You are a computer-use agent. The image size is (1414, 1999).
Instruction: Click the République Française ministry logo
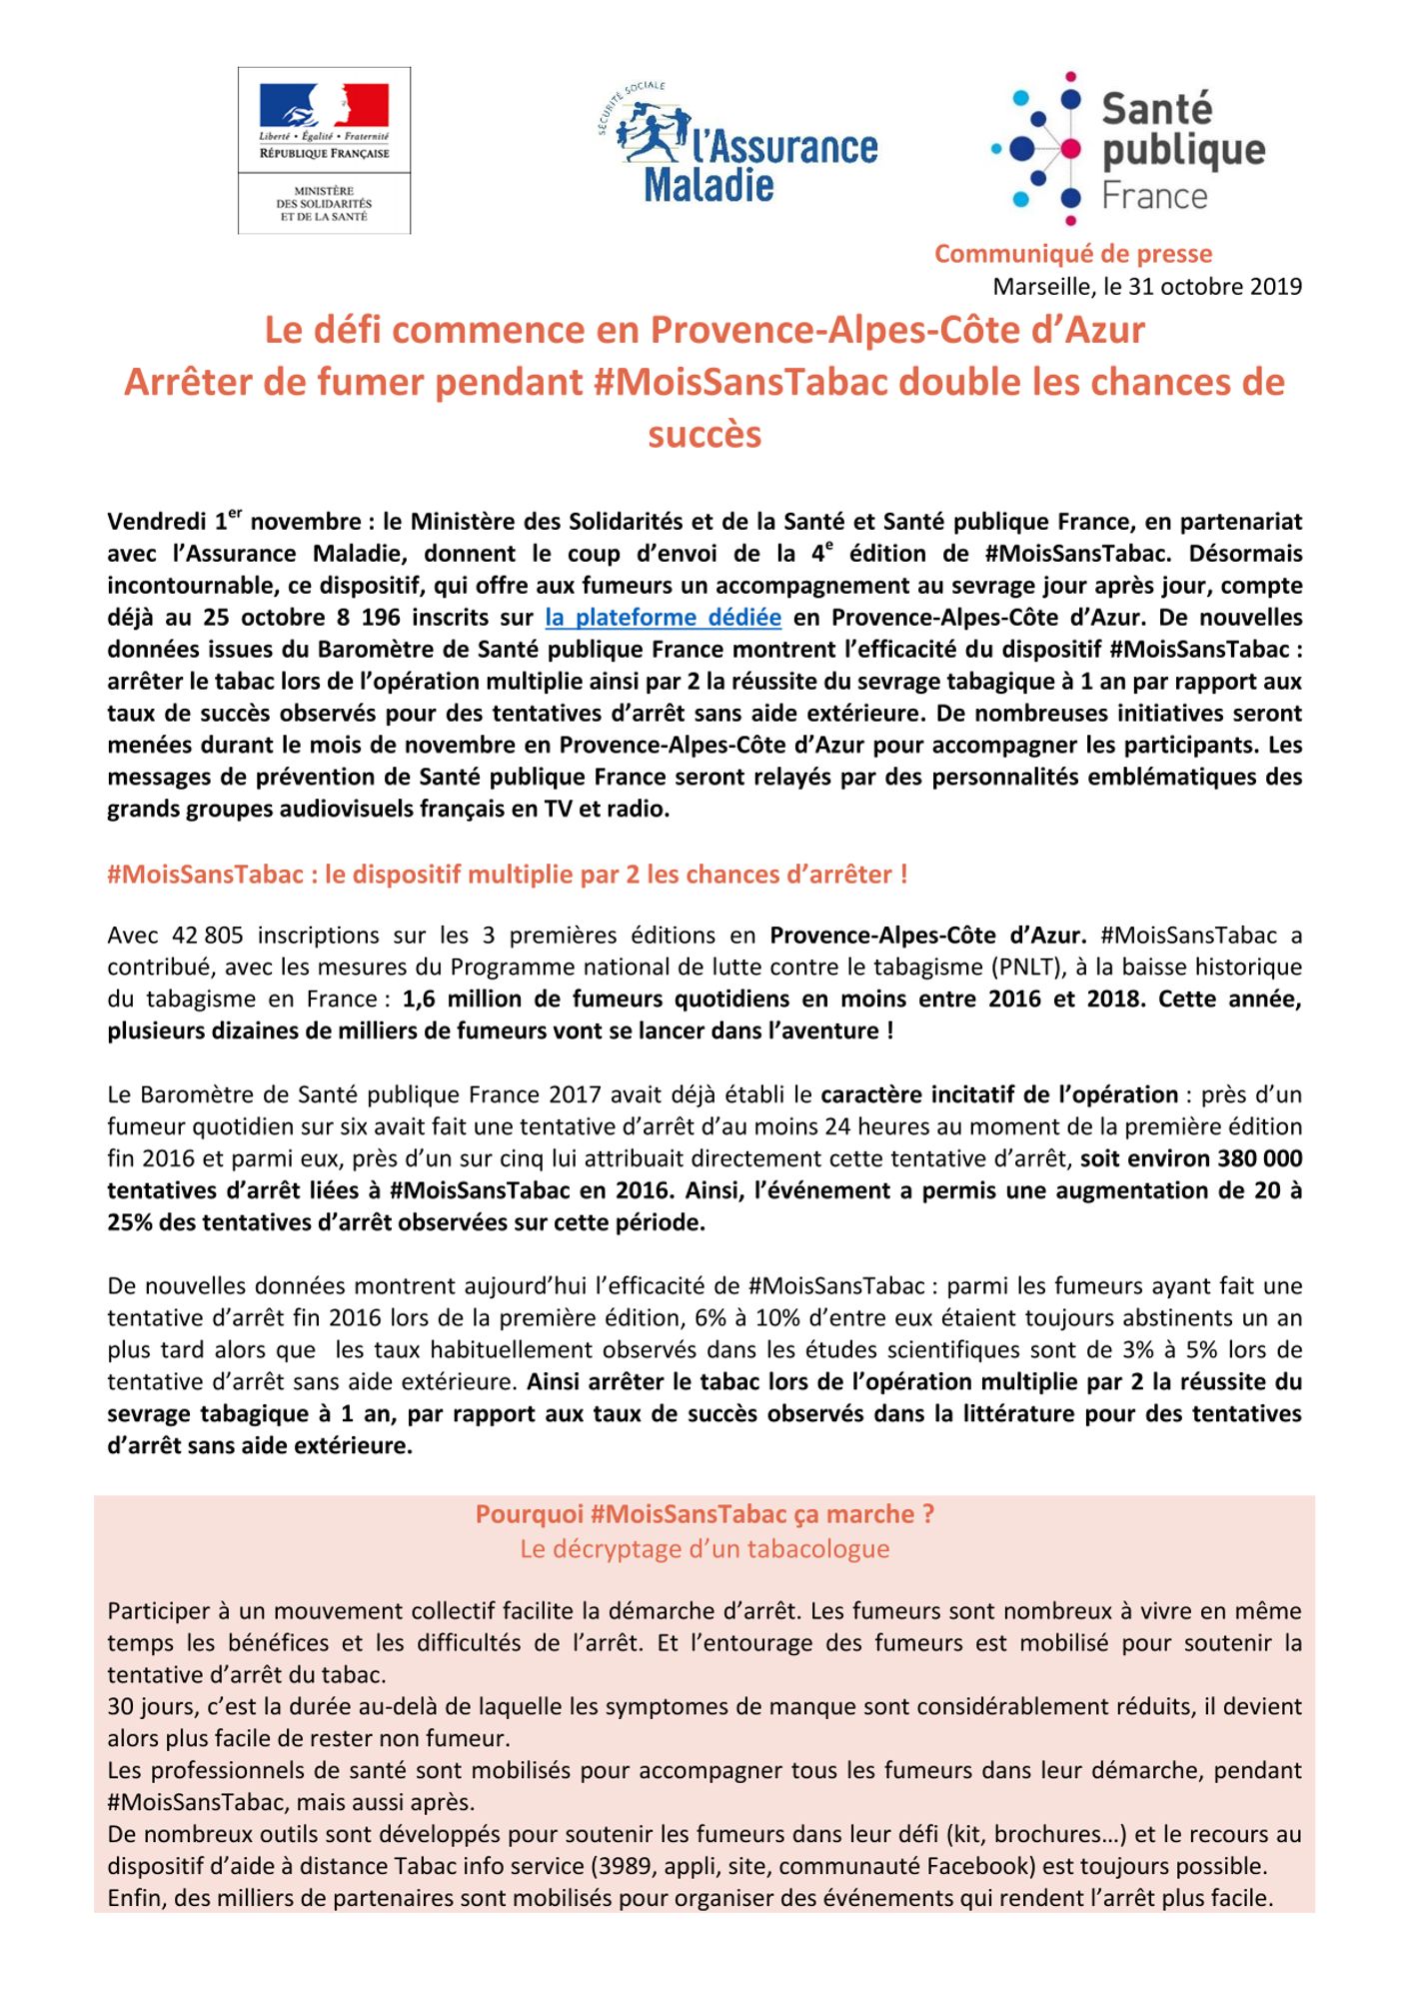coord(324,150)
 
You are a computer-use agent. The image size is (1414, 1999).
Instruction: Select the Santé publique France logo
coord(1129,148)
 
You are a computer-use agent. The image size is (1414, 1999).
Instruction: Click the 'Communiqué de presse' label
coord(1072,254)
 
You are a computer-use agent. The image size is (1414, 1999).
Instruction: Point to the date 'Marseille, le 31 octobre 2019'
coord(1146,287)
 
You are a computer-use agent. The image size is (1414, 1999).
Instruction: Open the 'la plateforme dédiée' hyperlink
coord(663,618)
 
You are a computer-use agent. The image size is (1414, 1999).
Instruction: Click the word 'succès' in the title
coord(705,435)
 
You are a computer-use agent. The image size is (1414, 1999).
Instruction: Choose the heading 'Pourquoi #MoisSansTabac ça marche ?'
coord(705,1514)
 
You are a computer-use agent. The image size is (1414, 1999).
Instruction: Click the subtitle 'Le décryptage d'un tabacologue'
coord(705,1549)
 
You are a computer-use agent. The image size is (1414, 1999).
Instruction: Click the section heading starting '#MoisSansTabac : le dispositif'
coord(507,875)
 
